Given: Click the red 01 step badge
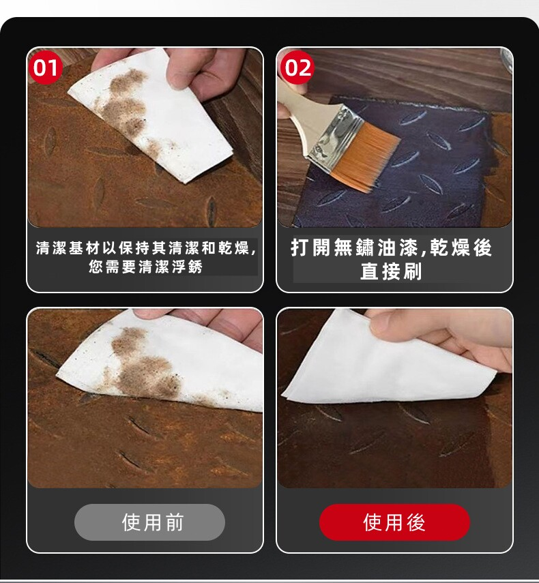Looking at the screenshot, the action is (46, 68).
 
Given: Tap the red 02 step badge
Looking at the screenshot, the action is (297, 68).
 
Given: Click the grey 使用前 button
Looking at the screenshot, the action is (149, 522).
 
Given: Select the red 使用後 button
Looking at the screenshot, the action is (394, 522).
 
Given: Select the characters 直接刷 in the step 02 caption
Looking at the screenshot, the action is (391, 271).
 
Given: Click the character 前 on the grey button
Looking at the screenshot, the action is (175, 522).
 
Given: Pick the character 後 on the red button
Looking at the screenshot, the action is (416, 522).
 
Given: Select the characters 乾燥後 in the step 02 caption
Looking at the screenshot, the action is (461, 248).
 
